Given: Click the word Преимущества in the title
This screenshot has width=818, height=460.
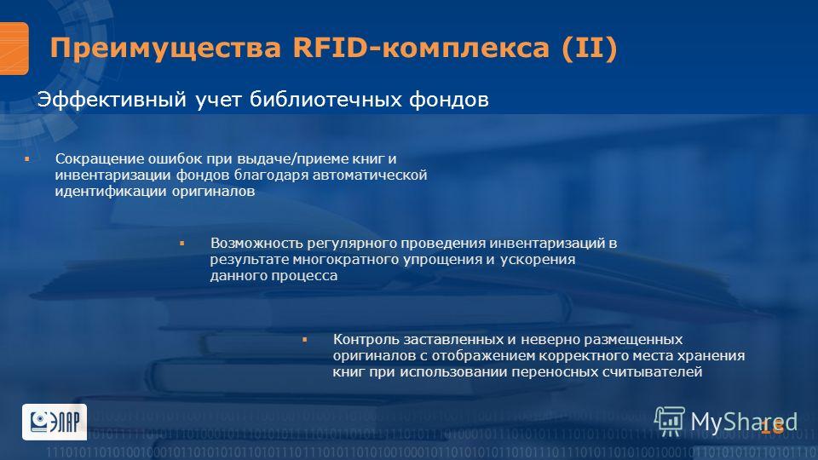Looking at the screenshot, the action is pyautogui.click(x=165, y=49).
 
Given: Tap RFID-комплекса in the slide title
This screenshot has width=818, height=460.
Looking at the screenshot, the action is pyautogui.click(x=421, y=47).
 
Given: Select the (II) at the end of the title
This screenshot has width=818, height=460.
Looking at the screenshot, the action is pyautogui.click(x=590, y=48).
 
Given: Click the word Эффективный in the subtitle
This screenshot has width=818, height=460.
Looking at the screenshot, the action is pyautogui.click(x=112, y=99).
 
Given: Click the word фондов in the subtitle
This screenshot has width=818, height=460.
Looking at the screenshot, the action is pyautogui.click(x=449, y=99).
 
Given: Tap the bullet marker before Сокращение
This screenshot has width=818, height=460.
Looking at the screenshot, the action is pyautogui.click(x=27, y=158).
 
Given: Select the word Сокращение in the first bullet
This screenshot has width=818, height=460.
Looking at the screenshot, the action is pyautogui.click(x=100, y=159).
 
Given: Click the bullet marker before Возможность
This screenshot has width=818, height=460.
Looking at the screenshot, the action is pyautogui.click(x=182, y=243).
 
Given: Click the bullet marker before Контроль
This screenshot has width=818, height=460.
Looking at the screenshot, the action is pyautogui.click(x=305, y=340).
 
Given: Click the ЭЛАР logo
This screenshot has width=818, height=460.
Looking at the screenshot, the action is pyautogui.click(x=55, y=422).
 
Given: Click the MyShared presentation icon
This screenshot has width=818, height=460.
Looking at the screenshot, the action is pyautogui.click(x=670, y=421).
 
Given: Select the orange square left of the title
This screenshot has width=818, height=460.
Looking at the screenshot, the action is pyautogui.click(x=14, y=49).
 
